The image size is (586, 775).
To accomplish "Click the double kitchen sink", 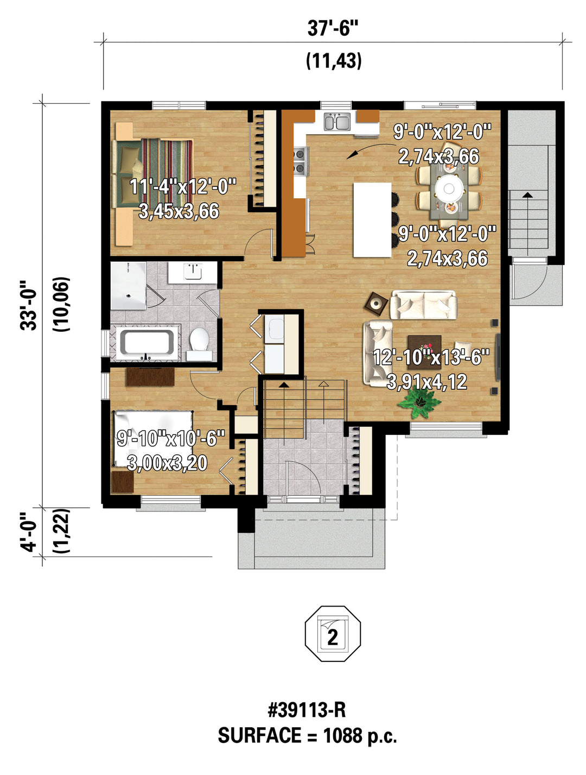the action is point(337,122).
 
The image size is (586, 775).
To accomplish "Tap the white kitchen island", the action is point(372,219).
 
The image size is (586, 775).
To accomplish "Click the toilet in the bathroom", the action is point(199,344).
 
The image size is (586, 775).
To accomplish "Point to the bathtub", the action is point(147,342).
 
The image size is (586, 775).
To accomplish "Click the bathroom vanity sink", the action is point(193,272).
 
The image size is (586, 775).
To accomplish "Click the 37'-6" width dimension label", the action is point(333,28).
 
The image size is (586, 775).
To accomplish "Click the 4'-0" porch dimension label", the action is point(28,532).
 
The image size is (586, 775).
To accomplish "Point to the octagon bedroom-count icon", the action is point(333,633).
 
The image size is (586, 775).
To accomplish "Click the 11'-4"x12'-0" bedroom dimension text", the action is point(182,186).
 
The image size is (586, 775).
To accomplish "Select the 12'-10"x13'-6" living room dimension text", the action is point(431,357).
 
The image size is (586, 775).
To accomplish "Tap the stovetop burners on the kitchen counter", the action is point(301,161).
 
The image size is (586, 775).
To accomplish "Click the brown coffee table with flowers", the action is point(424,347).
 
